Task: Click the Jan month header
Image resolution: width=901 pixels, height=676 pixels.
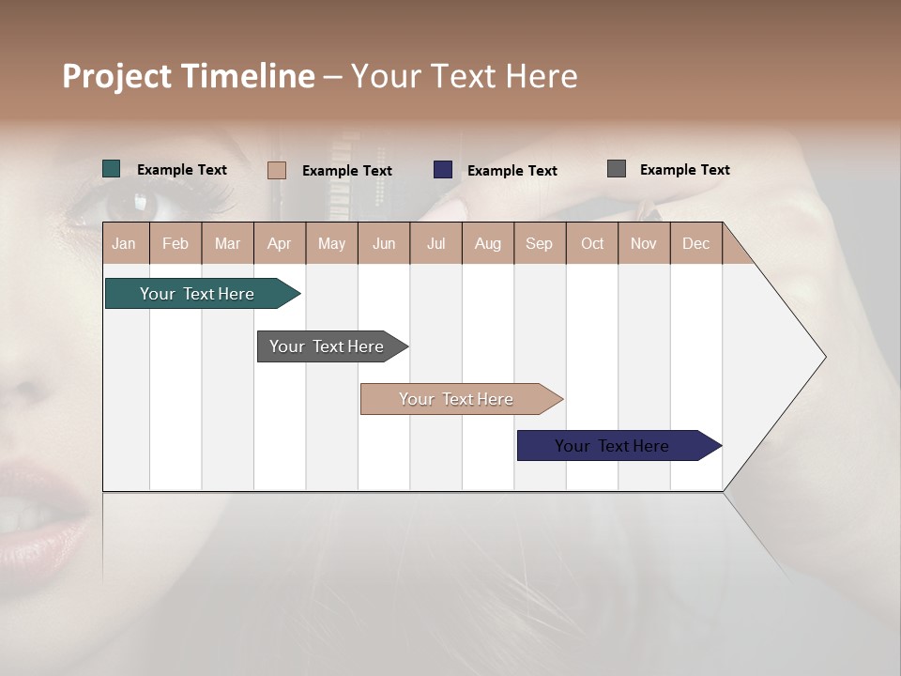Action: (x=125, y=243)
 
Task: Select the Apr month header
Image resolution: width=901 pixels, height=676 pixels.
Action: (x=280, y=243)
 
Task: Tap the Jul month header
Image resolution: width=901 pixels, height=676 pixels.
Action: (x=435, y=243)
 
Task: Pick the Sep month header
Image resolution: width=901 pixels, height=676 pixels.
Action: (x=539, y=243)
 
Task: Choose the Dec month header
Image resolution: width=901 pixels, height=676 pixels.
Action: (x=695, y=243)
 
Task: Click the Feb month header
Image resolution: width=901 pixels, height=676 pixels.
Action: (x=176, y=243)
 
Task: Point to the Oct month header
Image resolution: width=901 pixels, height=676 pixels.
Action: (x=592, y=243)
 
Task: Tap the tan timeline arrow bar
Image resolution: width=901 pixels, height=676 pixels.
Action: (x=457, y=399)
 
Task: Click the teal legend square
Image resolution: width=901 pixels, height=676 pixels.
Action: (x=112, y=169)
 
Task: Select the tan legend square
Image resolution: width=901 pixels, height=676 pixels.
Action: (x=277, y=170)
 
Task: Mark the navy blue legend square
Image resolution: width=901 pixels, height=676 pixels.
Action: (x=443, y=170)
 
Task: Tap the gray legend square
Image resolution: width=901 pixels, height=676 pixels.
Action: (x=617, y=169)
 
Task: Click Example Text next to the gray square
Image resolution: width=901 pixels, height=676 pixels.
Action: (x=684, y=170)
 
